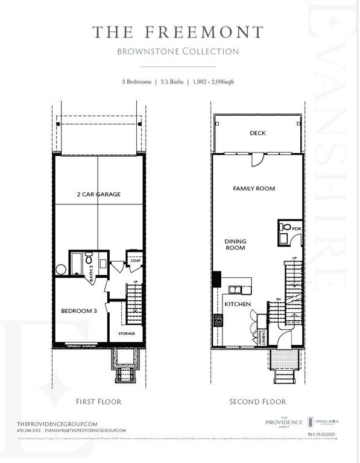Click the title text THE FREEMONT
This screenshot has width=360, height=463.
[178, 33]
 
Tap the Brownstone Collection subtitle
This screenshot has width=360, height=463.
[178, 51]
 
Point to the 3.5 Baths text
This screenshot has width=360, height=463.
[170, 81]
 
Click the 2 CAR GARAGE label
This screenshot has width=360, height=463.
[99, 194]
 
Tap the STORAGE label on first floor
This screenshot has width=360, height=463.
[127, 333]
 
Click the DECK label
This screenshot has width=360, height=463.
[257, 133]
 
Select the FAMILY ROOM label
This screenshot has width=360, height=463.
[254, 189]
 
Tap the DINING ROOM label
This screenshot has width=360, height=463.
[236, 244]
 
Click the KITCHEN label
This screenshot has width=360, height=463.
[238, 304]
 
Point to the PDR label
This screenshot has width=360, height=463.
[296, 229]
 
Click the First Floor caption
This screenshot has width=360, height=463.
[98, 402]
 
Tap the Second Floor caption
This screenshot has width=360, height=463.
[257, 402]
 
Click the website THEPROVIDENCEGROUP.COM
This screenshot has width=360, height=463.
[57, 423]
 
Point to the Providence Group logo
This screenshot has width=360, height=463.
[283, 423]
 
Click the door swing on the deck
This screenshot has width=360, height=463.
[257, 159]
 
